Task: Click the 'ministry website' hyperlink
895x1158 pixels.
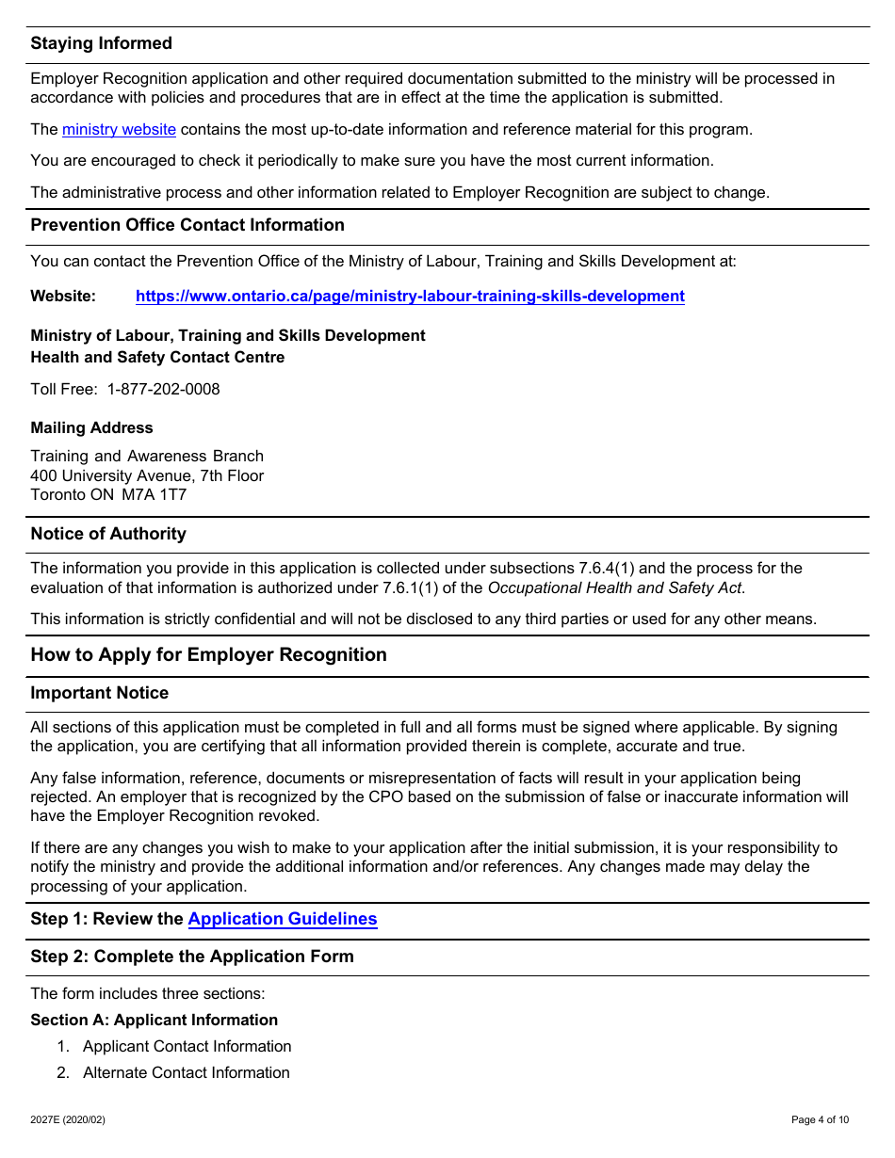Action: click(x=119, y=130)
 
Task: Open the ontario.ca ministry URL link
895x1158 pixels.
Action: click(x=410, y=297)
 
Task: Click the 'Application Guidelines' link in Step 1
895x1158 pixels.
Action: click(x=283, y=920)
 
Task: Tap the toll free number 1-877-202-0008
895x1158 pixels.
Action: click(x=163, y=390)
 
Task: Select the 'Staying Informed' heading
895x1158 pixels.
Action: click(x=101, y=43)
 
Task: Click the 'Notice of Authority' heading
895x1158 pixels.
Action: click(x=108, y=534)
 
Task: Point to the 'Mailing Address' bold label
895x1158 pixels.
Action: click(x=91, y=428)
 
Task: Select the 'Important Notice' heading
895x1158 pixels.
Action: click(x=99, y=693)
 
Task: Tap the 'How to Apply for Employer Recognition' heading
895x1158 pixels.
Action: click(x=208, y=655)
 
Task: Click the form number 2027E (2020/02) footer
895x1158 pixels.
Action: click(x=68, y=1120)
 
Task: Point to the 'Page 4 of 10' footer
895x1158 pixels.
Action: click(x=820, y=1120)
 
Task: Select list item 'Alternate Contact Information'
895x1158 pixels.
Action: click(x=186, y=1073)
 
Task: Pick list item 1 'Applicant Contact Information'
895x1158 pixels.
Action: click(x=187, y=1047)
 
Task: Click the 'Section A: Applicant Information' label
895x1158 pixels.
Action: click(x=154, y=1021)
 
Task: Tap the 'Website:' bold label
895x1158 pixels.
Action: click(x=63, y=297)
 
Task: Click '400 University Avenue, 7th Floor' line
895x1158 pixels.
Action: click(x=147, y=476)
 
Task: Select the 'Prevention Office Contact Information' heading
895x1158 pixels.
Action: click(x=187, y=225)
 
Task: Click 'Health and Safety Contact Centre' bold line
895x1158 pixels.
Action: click(x=157, y=358)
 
